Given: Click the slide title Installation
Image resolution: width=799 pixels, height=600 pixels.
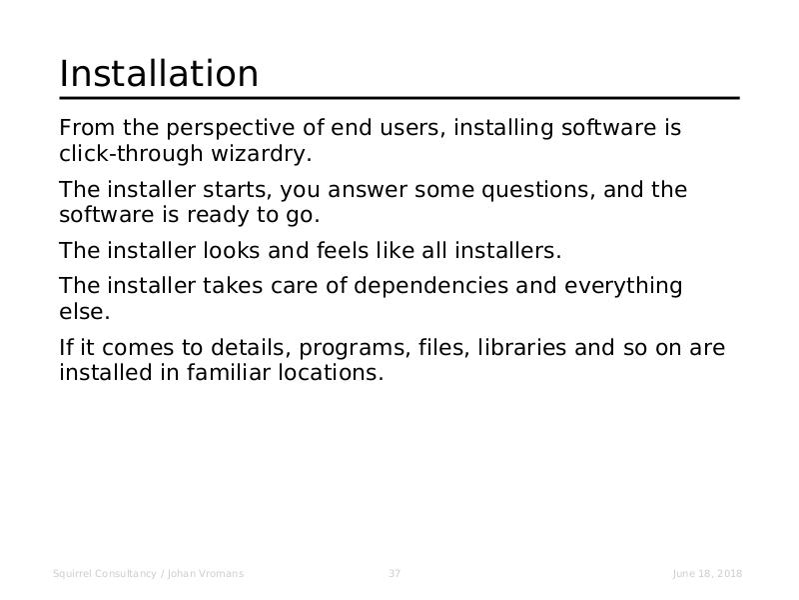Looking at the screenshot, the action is point(159,73).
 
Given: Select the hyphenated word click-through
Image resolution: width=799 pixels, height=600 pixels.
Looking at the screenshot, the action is point(131,154).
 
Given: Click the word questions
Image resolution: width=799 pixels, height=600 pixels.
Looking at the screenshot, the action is point(538,190).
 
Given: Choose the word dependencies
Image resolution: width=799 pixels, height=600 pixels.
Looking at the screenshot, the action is point(430,286).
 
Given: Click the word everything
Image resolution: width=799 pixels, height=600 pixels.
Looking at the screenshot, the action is point(623,286).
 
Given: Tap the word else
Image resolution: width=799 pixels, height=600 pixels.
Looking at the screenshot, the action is point(85,311).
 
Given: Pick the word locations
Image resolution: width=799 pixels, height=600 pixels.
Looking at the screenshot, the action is point(331,372).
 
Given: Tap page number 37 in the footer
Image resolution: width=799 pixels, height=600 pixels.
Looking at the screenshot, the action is point(395,573).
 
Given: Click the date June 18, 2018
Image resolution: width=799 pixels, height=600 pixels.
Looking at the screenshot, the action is point(707,574).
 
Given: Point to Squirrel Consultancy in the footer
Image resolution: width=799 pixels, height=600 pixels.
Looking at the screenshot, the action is point(105,574).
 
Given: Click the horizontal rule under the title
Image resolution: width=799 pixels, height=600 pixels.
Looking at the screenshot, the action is point(399,98).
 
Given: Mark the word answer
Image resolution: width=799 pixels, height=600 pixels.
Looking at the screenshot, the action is point(367,190).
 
